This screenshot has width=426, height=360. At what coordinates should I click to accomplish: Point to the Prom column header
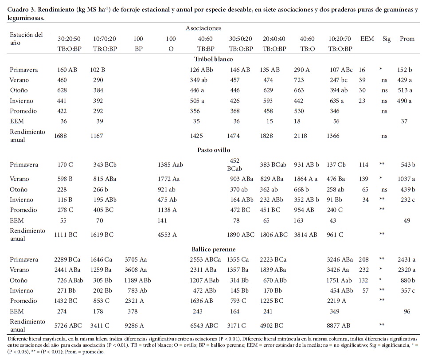(x=407, y=39)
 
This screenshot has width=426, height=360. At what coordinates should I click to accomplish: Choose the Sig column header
(x=387, y=39)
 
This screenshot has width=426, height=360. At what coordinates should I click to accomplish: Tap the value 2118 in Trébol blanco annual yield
(x=301, y=136)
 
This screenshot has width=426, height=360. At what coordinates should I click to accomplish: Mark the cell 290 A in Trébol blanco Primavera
(x=304, y=70)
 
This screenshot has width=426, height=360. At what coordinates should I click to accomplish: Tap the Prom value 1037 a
(x=407, y=179)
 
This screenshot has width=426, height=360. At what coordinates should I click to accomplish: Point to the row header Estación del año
(x=27, y=38)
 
